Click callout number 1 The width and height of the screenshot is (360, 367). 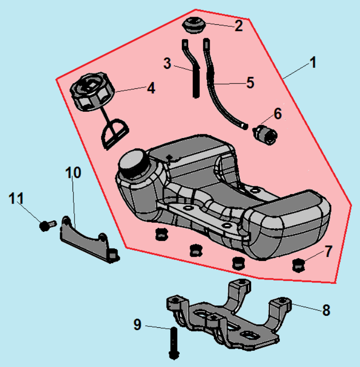[313, 63]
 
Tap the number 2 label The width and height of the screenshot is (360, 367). [239, 25]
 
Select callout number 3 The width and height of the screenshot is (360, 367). [167, 63]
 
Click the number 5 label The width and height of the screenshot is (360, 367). [250, 82]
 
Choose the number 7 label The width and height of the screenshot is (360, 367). [328, 252]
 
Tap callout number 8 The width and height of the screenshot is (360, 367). [327, 310]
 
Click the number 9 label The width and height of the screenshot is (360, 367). [138, 325]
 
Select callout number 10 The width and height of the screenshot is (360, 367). [74, 173]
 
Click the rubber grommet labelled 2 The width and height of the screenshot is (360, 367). [194, 25]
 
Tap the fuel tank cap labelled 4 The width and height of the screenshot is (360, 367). [91, 94]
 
